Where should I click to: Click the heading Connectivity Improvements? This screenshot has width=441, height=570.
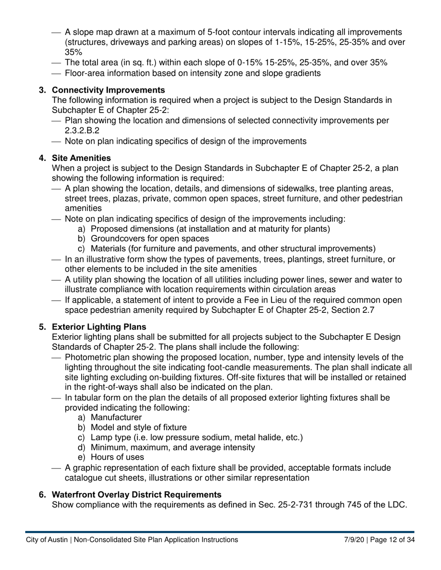pos(108,90)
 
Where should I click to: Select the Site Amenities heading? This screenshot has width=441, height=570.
pos(81,158)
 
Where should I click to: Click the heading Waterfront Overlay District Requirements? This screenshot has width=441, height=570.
pos(136,494)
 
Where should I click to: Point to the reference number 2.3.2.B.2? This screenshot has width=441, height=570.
pos(82,131)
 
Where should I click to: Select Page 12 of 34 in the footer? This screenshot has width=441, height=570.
pos(392,540)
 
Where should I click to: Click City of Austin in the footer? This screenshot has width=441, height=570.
pos(46,540)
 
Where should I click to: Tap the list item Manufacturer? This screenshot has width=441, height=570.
pos(116,418)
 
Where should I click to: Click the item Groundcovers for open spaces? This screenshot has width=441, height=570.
pos(149,239)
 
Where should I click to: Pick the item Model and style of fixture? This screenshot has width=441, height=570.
pos(138,428)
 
